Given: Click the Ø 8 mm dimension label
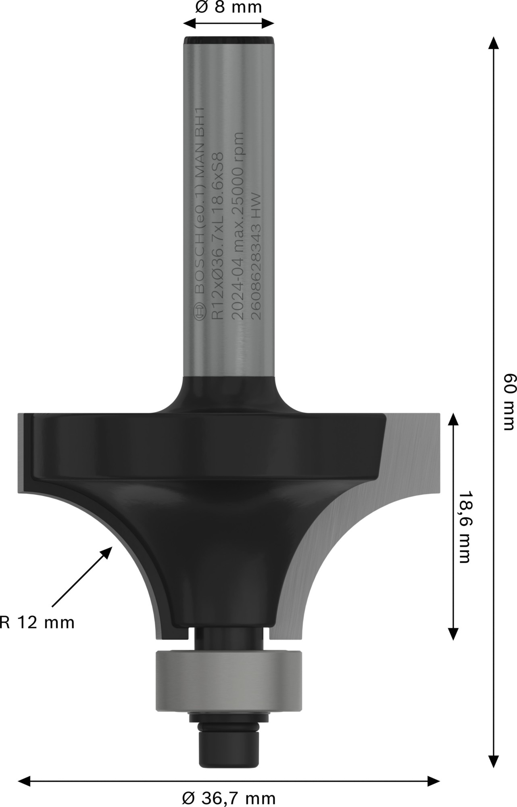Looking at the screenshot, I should (x=228, y=7).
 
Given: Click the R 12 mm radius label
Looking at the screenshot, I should (x=37, y=623).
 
